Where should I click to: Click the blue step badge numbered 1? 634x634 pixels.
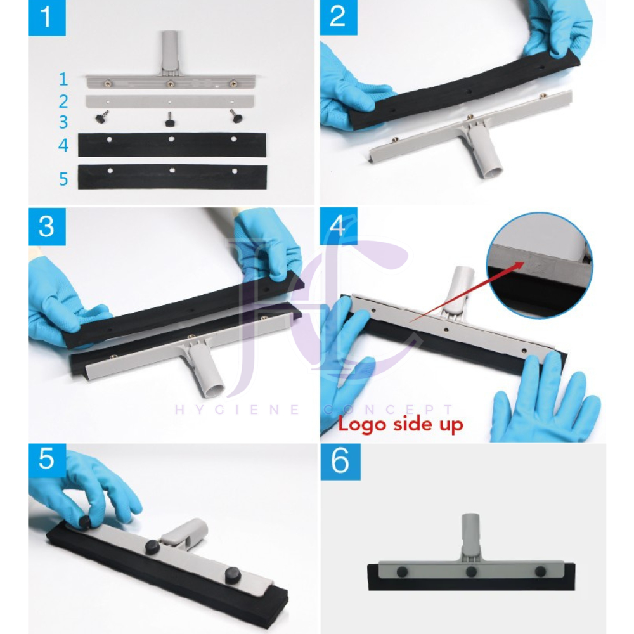click(46, 18)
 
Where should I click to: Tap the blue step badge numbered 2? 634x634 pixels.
click(339, 17)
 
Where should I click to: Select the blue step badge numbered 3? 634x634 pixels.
click(46, 226)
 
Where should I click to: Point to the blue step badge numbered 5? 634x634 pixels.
click(46, 460)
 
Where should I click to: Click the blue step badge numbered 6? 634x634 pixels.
click(340, 462)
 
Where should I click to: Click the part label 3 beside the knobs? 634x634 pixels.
click(63, 122)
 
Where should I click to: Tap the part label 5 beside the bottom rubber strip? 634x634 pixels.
click(63, 179)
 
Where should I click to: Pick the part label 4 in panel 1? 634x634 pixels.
click(63, 145)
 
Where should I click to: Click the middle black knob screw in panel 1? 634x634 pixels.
click(170, 120)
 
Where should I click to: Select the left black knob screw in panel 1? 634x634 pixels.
click(101, 117)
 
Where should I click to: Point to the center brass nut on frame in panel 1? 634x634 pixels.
click(170, 84)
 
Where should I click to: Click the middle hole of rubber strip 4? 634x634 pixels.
click(171, 139)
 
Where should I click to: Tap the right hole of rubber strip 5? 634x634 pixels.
click(235, 171)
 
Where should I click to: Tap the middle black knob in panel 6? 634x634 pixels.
click(471, 572)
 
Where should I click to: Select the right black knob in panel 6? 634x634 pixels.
click(541, 572)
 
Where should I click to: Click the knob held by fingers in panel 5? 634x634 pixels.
click(85, 521)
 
